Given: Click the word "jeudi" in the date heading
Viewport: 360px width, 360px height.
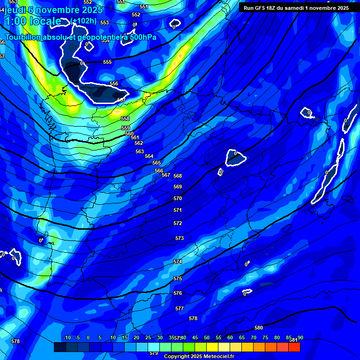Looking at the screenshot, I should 15,10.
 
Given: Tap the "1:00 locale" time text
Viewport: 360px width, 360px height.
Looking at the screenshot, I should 32,21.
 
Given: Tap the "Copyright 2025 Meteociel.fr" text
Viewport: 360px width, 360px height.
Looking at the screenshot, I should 199,356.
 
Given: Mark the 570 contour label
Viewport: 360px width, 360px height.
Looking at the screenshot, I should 178,198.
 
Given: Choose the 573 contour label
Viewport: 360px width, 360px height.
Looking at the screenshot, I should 180,238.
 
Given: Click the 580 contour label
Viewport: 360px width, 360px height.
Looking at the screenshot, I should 259,328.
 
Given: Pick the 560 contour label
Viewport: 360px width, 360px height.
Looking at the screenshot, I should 130,134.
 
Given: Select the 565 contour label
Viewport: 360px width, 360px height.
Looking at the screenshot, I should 157,163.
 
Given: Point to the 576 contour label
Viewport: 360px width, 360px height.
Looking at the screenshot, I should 178,293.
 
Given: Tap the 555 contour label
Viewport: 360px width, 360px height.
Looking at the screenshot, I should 107,62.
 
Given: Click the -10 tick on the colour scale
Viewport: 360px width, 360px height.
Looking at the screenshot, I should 67,337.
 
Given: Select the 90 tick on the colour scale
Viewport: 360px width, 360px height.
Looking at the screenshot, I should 300,337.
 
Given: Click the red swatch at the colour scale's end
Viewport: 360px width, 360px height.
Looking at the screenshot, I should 294,347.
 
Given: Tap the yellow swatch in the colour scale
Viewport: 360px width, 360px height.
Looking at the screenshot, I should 212,347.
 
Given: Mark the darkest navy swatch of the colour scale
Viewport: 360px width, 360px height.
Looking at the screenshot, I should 60,347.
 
